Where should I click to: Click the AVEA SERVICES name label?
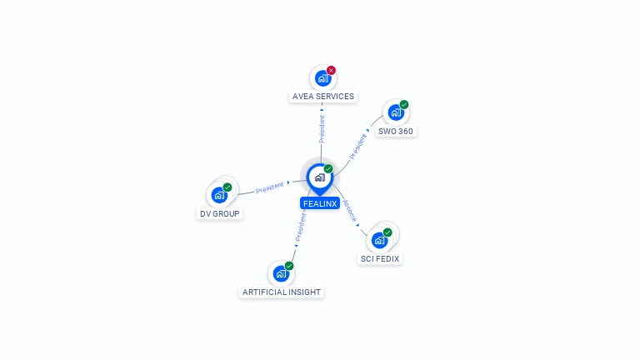[323, 97]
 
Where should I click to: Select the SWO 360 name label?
[395, 132]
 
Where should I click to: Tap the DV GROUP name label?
[219, 214]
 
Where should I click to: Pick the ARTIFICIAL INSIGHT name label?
[281, 292]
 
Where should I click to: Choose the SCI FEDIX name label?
[379, 259]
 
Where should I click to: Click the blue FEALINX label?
[319, 203]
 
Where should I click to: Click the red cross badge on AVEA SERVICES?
[331, 71]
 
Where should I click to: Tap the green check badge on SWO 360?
[404, 105]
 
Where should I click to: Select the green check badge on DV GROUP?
[227, 187]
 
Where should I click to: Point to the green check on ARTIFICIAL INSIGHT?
[289, 266]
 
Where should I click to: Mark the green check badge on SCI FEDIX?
[387, 232]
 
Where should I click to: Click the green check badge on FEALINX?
[328, 169]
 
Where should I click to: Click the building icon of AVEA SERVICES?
[322, 79]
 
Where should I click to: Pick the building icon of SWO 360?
[395, 113]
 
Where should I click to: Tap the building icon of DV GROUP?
[218, 196]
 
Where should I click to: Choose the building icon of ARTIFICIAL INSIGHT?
[280, 274]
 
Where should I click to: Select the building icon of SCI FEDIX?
[379, 241]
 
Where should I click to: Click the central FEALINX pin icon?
[319, 177]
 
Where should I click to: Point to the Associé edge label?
[350, 210]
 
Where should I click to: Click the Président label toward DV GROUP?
[269, 188]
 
